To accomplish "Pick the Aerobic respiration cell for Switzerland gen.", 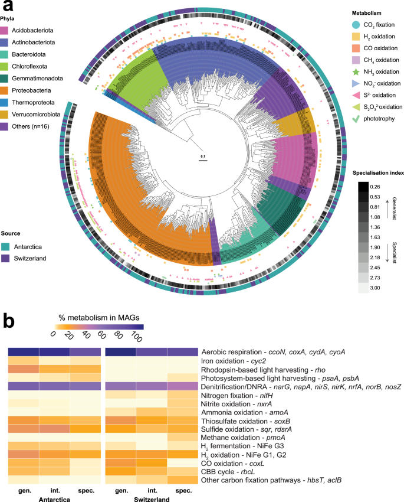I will pyautogui.click(x=120, y=351).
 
